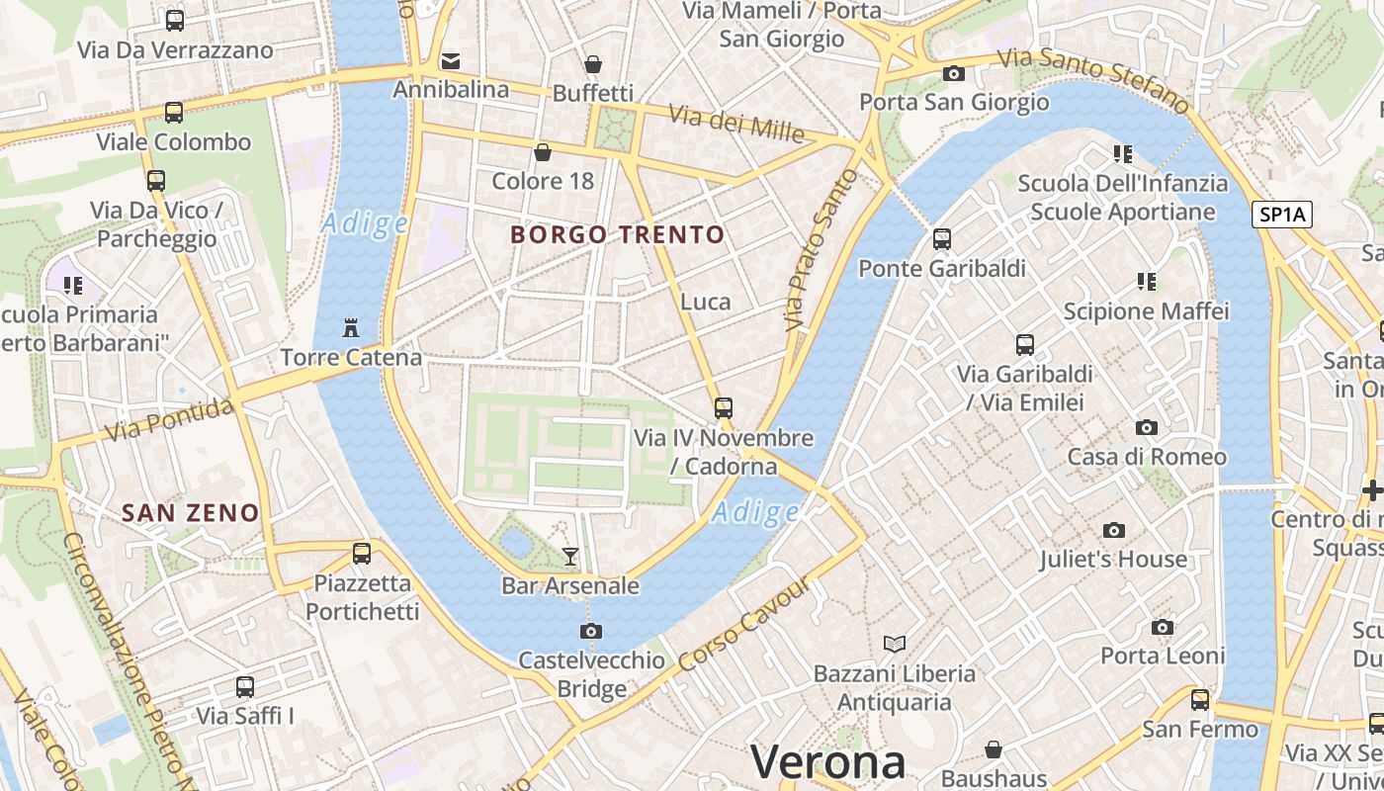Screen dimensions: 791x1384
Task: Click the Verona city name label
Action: pyautogui.click(x=827, y=762)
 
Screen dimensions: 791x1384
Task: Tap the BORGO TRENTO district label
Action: pyautogui.click(x=618, y=235)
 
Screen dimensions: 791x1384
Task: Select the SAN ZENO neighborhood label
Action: pyautogui.click(x=190, y=513)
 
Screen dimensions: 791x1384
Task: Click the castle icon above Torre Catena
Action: pyautogui.click(x=350, y=327)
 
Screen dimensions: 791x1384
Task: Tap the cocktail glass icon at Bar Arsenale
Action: pyautogui.click(x=570, y=556)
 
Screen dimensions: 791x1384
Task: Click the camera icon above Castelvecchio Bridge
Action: pyautogui.click(x=591, y=631)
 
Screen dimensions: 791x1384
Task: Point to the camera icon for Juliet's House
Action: pyautogui.click(x=1114, y=531)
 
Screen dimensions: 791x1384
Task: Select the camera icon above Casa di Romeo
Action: pyautogui.click(x=1147, y=427)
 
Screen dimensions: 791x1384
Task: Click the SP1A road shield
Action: pyautogui.click(x=1282, y=215)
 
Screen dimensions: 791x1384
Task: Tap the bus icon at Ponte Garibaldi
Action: pyautogui.click(x=942, y=238)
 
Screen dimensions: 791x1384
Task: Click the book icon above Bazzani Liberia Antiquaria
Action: pyautogui.click(x=895, y=644)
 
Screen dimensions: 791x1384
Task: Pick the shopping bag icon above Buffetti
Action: pyautogui.click(x=593, y=64)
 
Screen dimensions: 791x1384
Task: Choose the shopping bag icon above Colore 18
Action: pyautogui.click(x=543, y=152)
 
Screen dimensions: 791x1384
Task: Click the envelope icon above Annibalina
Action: pyautogui.click(x=451, y=60)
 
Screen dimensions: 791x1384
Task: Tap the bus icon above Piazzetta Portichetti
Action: pyautogui.click(x=362, y=554)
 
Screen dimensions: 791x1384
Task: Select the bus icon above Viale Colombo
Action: pyautogui.click(x=174, y=113)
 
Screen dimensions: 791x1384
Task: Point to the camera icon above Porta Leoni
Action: pyautogui.click(x=1163, y=627)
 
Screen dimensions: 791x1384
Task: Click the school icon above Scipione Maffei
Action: pyautogui.click(x=1147, y=282)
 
